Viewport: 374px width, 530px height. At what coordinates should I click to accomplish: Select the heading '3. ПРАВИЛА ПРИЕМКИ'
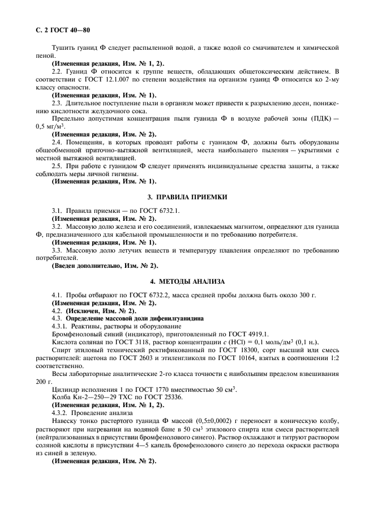pos(187,197)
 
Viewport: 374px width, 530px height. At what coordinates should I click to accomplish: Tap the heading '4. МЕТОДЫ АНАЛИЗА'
pos(187,281)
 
